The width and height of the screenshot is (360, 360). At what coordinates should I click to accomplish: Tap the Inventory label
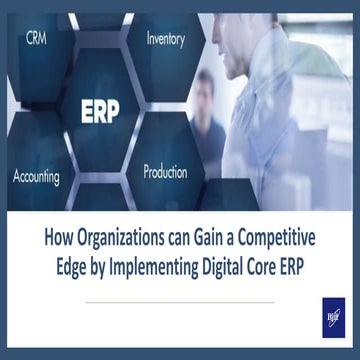165,39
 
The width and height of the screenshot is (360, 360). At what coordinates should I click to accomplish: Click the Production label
165,171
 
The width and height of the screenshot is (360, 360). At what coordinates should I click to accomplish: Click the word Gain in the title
205,238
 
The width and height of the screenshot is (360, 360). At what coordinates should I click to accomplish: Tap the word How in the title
61,238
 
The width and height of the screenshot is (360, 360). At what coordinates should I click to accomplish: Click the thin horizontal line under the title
180,301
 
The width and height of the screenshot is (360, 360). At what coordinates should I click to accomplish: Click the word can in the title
174,238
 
